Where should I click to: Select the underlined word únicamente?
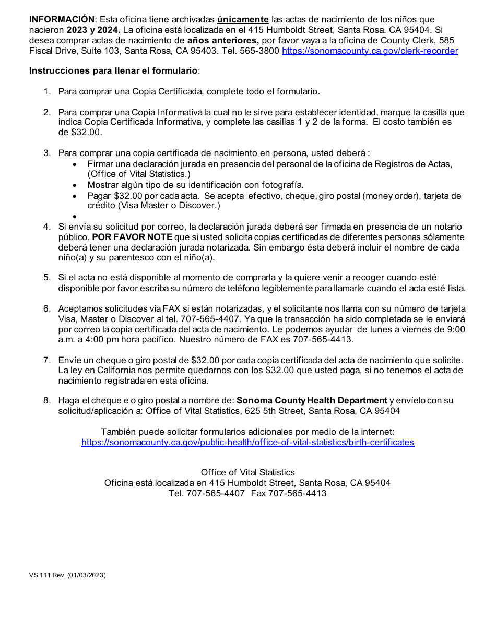243,20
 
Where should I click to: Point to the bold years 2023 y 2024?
93,30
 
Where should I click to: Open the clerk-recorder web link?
370,51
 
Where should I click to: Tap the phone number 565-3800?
261,51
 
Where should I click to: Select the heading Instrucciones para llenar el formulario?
113,70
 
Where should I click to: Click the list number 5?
46,277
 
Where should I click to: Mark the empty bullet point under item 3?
75,216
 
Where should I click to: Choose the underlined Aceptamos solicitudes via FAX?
119,308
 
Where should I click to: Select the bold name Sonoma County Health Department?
312,401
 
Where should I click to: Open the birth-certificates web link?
247,442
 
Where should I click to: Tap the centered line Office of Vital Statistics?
247,472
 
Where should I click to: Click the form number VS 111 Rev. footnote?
67,575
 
